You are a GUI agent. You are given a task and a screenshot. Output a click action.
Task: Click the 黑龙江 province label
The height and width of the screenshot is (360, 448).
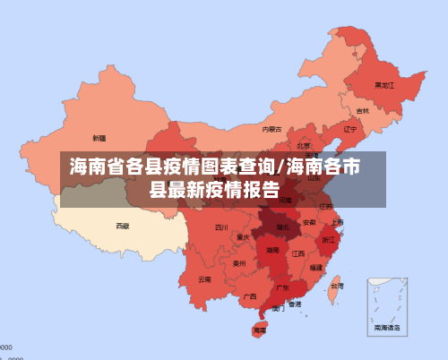click(384, 86)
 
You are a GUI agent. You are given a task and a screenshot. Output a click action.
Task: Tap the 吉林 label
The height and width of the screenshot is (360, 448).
click(362, 111)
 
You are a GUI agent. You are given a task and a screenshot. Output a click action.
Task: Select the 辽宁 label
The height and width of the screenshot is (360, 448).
click(349, 129)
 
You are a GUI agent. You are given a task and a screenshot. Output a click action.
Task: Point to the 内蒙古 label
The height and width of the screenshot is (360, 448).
click(271, 129)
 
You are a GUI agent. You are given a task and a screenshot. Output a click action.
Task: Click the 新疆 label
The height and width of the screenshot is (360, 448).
click(99, 138)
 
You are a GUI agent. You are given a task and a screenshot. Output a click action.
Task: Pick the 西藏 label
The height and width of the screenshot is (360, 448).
click(122, 226)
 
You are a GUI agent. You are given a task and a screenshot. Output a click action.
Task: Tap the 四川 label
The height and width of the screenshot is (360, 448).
click(221, 227)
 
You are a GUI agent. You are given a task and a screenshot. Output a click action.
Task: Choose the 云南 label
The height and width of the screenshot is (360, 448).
click(205, 279)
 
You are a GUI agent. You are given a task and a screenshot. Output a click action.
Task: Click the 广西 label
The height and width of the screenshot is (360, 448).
click(250, 296)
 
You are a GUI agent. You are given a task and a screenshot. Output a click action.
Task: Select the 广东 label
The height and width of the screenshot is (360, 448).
click(282, 287)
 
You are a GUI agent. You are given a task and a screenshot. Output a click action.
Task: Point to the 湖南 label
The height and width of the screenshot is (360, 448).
click(272, 251)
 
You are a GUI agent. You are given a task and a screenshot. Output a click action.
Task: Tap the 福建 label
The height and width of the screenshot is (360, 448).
click(316, 267)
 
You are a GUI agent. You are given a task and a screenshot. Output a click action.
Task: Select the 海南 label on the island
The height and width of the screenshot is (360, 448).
click(259, 330)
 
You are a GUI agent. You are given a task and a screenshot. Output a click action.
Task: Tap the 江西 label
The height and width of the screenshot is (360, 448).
click(297, 253)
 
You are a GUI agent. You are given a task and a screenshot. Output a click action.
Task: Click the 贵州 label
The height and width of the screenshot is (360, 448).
click(239, 263)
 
